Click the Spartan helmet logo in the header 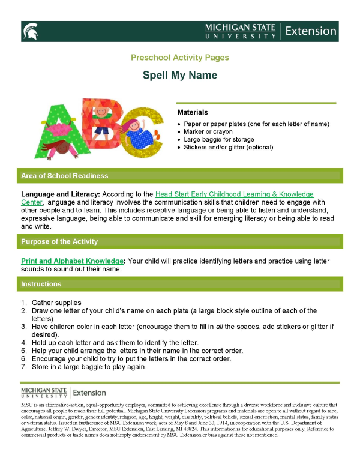point(29,31)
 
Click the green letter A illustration point(58,126)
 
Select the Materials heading point(193,112)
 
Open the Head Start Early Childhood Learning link point(234,194)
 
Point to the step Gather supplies point(56,303)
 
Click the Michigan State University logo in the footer point(44,393)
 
